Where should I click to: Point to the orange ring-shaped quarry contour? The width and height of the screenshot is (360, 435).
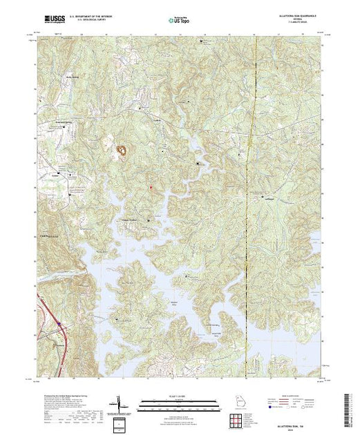(x=122, y=148)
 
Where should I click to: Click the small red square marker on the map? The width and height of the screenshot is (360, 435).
(x=150, y=186)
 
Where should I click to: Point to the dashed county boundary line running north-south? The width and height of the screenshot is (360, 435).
(x=256, y=207)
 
